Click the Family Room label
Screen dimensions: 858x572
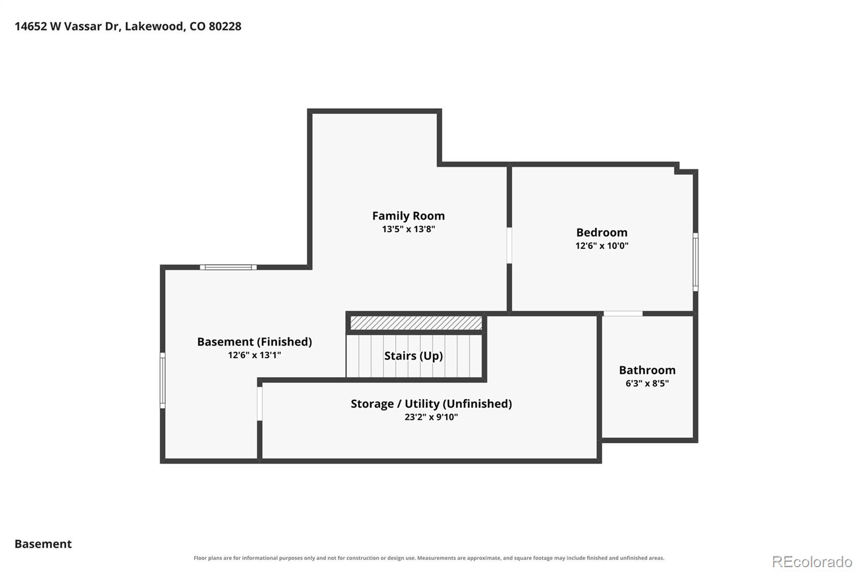408,216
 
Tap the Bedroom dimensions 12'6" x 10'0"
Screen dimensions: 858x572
602,246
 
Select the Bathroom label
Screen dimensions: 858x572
647,370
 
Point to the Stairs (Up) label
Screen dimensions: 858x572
413,356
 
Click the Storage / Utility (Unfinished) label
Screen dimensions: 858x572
431,404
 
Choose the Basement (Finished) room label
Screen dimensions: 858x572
254,342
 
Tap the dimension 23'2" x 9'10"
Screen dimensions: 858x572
431,417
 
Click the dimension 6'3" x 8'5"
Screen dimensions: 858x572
647,383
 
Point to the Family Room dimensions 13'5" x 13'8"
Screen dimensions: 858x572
408,229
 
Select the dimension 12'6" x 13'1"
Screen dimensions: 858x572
254,355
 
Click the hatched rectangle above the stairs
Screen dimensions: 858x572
416,323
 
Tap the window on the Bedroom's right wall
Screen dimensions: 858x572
695,262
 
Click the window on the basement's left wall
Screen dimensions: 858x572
162,380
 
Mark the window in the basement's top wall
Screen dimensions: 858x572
228,267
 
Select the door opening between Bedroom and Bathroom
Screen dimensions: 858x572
623,313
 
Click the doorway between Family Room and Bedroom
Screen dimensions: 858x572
509,246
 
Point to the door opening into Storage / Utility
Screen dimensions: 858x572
260,404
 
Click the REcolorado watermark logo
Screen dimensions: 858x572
812,562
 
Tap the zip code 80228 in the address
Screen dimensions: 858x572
225,26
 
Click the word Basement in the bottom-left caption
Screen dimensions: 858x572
43,544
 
